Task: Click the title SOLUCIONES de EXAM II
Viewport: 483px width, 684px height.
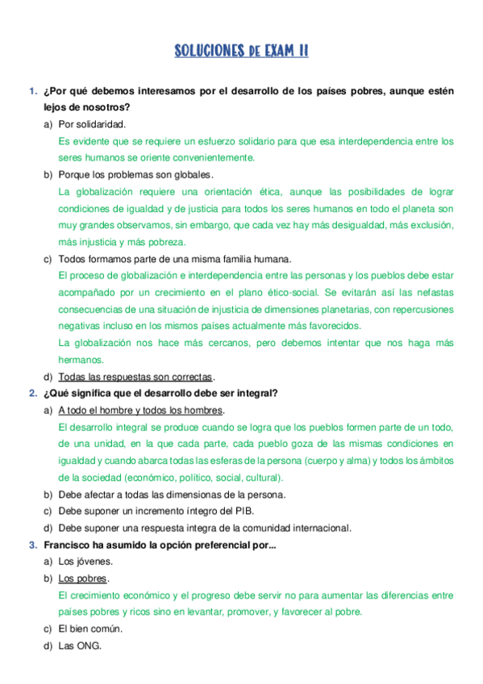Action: pos(241,52)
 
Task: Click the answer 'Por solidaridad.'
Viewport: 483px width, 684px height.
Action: pos(92,124)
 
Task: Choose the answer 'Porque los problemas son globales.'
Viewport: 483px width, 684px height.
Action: pos(135,174)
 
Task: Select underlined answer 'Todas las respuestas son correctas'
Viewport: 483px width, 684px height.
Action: pos(135,377)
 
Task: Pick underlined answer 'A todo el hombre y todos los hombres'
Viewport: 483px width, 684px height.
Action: pos(140,411)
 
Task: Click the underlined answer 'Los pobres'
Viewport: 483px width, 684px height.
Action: pos(82,578)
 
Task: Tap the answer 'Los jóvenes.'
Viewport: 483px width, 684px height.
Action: pos(85,561)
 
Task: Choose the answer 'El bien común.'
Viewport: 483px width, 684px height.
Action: pos(90,628)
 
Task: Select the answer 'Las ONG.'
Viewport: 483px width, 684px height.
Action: pos(80,645)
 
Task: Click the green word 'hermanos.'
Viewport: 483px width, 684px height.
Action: pos(81,360)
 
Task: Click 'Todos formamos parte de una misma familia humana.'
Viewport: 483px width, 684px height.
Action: pos(175,259)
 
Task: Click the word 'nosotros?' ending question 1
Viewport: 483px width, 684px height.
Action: pos(106,107)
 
